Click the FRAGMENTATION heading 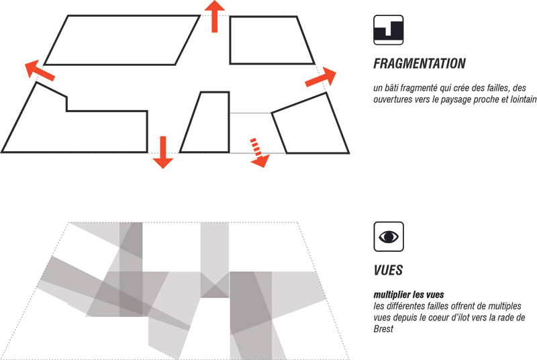419,64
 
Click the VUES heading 388,270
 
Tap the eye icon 389,236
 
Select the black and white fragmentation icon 389,30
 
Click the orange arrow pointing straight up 214,16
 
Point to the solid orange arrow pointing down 163,152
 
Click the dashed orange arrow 258,152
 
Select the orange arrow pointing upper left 40,71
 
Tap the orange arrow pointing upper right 321,77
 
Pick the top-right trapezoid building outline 230,40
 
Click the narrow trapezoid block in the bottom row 229,122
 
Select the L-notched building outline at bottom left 147,132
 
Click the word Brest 383,329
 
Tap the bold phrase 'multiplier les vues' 409,295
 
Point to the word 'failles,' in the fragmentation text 495,88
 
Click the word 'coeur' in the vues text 444,318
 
